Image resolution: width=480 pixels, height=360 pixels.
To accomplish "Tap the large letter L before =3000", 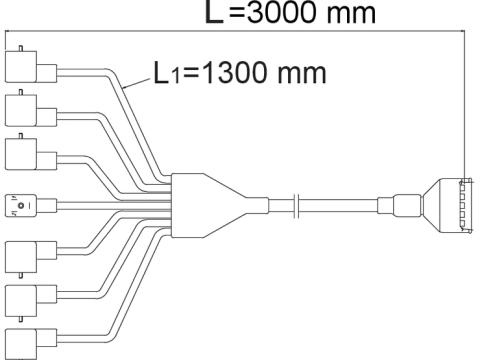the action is coord(214,12).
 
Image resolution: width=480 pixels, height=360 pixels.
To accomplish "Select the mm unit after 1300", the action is coord(301,74).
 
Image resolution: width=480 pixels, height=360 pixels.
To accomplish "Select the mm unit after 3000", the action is coord(351,14).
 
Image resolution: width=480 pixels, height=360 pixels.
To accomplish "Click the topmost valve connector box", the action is coord(31,67).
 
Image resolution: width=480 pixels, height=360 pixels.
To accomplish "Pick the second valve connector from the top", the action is coord(31,110).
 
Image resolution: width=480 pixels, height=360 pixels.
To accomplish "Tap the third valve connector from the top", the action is coord(31,154).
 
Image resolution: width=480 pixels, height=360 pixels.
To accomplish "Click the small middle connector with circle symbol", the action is coord(31,206).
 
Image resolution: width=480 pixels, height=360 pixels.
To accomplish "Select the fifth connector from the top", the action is coord(31,257).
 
